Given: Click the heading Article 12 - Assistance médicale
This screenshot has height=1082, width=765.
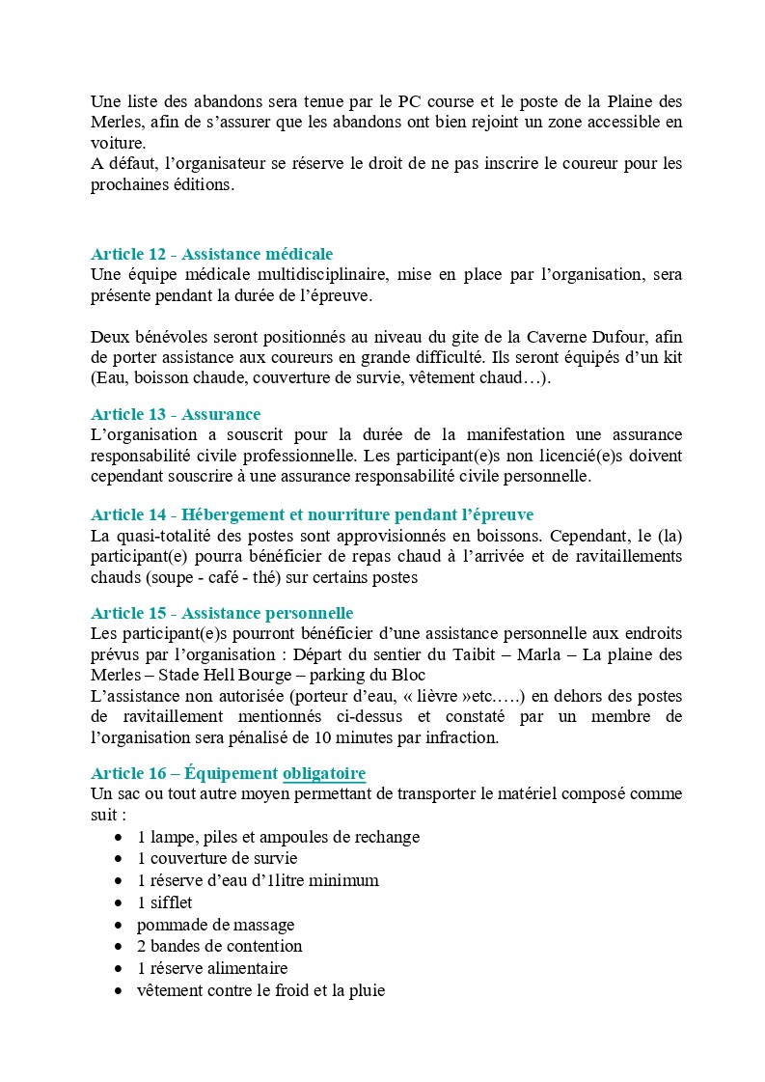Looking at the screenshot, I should (x=211, y=254).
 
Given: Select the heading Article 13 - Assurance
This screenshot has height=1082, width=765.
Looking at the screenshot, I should (x=176, y=414).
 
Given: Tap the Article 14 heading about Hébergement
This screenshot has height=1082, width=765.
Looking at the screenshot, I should (x=312, y=514).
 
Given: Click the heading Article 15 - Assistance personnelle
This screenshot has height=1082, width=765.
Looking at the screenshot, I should (x=222, y=613).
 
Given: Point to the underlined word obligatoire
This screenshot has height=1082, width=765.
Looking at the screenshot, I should (x=324, y=773).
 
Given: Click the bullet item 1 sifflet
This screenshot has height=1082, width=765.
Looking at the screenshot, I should (x=165, y=902).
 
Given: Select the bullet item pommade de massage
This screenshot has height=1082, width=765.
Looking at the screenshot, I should (x=215, y=925).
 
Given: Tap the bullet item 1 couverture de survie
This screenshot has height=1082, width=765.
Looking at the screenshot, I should (x=217, y=858).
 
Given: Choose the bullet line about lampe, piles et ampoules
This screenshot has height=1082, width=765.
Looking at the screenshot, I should (x=278, y=837).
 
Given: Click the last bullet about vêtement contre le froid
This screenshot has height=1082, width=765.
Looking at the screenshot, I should (x=260, y=990).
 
